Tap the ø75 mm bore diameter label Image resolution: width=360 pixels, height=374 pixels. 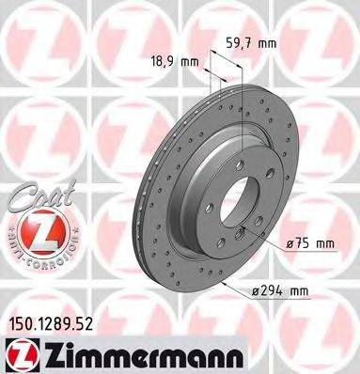(x=309, y=244)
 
